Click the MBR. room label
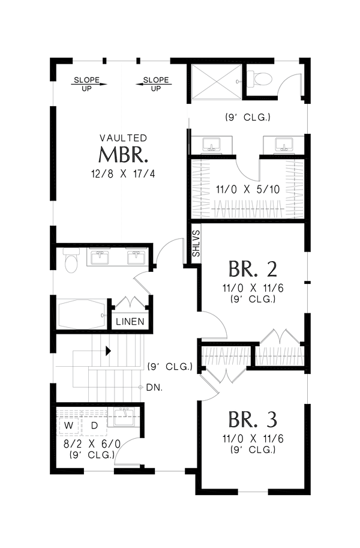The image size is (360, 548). [x=123, y=155]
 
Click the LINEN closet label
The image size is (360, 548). [x=130, y=322]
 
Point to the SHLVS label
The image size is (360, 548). [x=196, y=243]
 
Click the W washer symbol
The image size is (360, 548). [x=69, y=425]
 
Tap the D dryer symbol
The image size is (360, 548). [x=94, y=425]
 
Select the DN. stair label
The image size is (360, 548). [x=153, y=388]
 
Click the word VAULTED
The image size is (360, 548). [x=123, y=138]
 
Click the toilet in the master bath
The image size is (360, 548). [x=71, y=262]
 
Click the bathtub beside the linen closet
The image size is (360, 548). [x=82, y=315]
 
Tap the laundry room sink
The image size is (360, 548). [x=125, y=417]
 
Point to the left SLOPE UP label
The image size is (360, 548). [x=87, y=83]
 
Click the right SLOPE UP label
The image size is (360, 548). [x=155, y=83]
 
